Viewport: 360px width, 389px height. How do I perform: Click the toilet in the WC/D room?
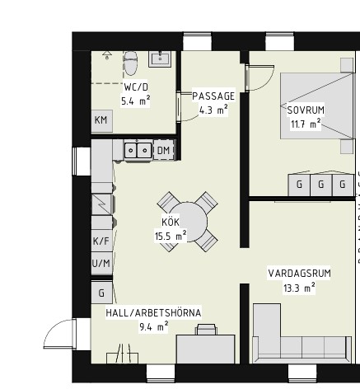(x=130, y=63)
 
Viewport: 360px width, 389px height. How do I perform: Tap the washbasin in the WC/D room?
(x=160, y=59)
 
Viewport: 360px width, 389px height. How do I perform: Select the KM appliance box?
(x=101, y=121)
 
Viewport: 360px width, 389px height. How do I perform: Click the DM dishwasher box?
(x=164, y=150)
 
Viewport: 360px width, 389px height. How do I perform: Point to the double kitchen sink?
(x=138, y=150)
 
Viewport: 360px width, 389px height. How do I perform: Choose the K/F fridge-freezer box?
(x=101, y=241)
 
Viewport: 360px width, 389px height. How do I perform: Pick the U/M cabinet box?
(x=101, y=263)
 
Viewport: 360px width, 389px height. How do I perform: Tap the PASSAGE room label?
(x=213, y=96)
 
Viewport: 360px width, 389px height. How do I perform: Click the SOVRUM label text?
(x=306, y=110)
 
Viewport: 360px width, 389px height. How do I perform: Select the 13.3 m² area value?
(x=299, y=288)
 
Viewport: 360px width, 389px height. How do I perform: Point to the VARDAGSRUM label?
(x=299, y=274)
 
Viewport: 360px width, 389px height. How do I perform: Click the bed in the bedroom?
(x=316, y=105)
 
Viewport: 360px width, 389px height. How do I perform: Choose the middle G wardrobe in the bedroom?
(x=320, y=185)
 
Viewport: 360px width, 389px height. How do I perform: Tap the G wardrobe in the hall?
(x=101, y=293)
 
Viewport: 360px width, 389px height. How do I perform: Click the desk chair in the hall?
(x=206, y=329)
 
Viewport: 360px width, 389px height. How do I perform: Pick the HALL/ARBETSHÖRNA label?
(x=153, y=313)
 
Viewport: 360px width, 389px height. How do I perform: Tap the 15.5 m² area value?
(x=171, y=236)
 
